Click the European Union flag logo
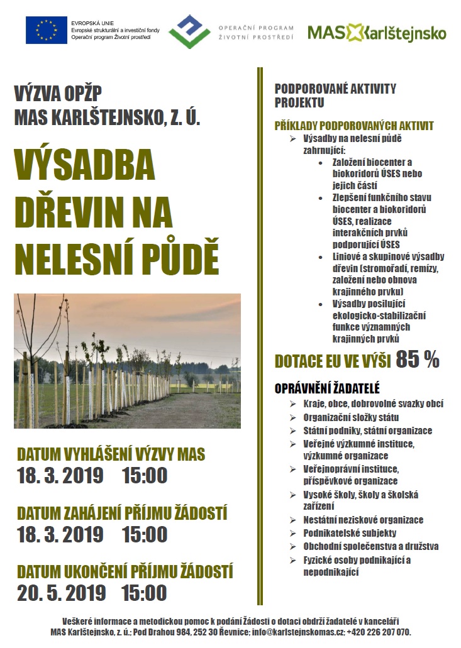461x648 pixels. [46, 30]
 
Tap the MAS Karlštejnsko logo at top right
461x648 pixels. [377, 32]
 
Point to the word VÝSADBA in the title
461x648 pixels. [84, 166]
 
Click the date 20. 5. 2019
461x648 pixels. [61, 592]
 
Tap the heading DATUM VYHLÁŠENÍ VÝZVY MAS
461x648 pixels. [111, 454]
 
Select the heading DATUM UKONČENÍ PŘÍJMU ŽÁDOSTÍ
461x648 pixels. [125, 572]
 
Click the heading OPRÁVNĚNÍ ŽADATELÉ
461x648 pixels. [327, 388]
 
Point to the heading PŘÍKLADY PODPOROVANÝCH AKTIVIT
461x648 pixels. [354, 126]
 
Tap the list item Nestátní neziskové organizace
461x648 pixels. [363, 520]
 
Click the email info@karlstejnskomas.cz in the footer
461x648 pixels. [303, 632]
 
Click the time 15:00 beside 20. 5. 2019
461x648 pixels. [145, 592]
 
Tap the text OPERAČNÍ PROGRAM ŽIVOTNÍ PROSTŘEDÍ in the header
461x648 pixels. [255, 33]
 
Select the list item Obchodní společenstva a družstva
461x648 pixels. [370, 546]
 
